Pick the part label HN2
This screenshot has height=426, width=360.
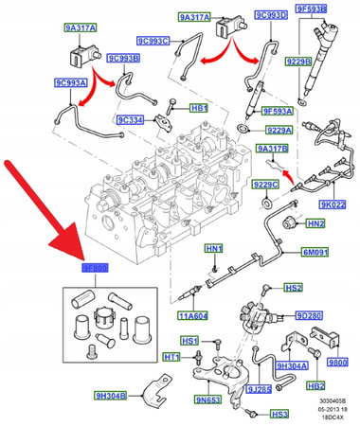pyautogui.click(x=316, y=222)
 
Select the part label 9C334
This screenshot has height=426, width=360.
pyautogui.click(x=130, y=120)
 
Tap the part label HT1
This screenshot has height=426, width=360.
pyautogui.click(x=171, y=357)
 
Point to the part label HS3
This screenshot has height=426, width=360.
pyautogui.click(x=279, y=414)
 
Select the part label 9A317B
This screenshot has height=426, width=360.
pyautogui.click(x=271, y=148)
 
